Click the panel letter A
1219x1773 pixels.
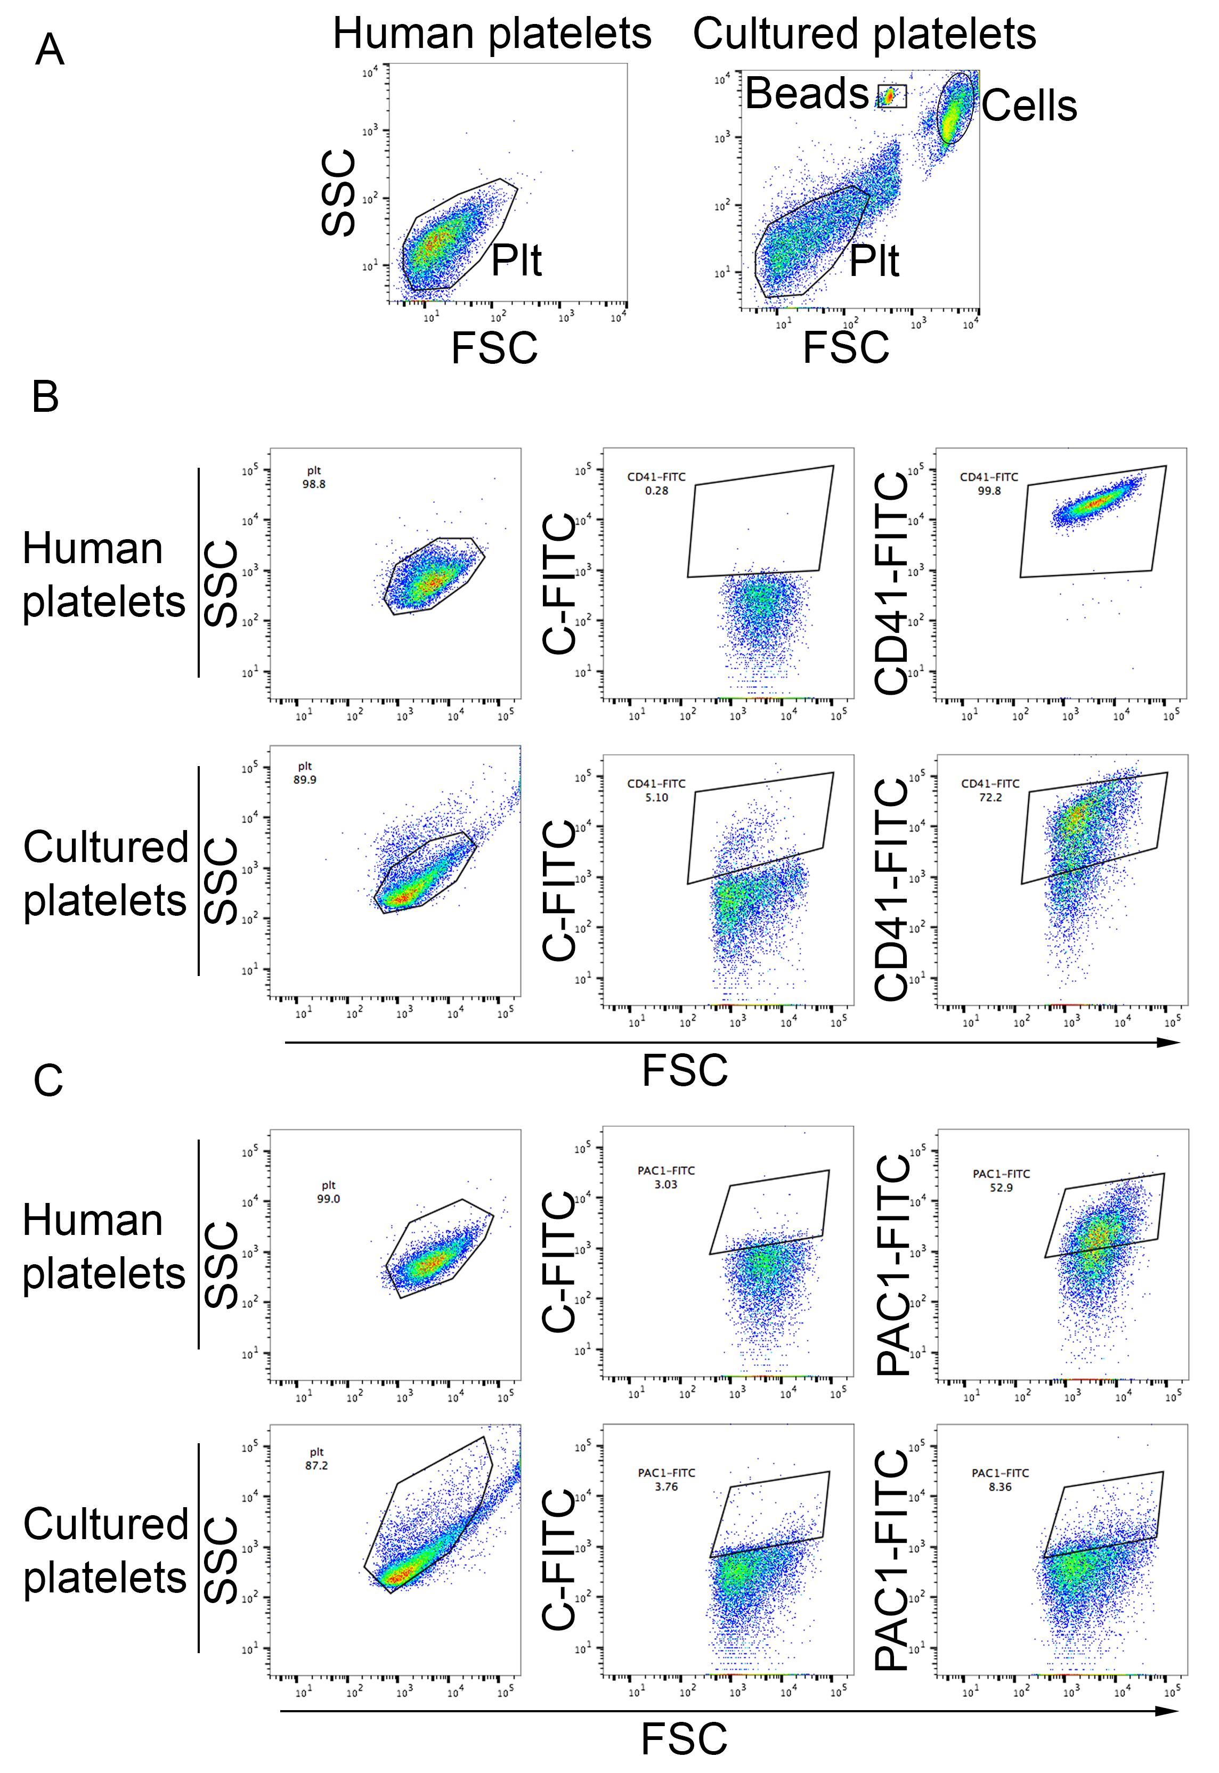pyautogui.click(x=50, y=51)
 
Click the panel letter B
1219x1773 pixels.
pyautogui.click(x=45, y=397)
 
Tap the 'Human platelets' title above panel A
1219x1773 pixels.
pyautogui.click(x=492, y=34)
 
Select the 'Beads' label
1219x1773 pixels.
pyautogui.click(x=807, y=94)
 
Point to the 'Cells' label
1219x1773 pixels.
pyautogui.click(x=1029, y=105)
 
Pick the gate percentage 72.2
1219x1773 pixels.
pyautogui.click(x=990, y=797)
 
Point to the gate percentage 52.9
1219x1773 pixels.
pyautogui.click(x=1001, y=1188)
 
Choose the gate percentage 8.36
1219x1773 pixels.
pyautogui.click(x=1000, y=1487)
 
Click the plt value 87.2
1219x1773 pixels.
pyautogui.click(x=316, y=1465)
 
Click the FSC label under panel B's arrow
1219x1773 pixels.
pyautogui.click(x=684, y=1070)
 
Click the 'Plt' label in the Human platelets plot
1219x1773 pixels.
pyautogui.click(x=516, y=261)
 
